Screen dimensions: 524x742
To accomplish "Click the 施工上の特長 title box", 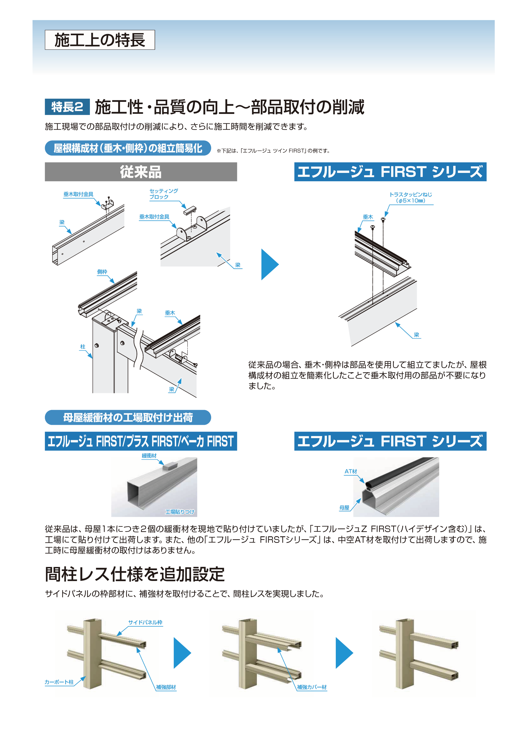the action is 100,40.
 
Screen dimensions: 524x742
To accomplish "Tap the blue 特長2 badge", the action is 67,107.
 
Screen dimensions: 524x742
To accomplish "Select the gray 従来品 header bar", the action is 141,172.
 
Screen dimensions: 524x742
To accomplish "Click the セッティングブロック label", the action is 163,194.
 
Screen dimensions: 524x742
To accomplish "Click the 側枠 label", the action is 102,272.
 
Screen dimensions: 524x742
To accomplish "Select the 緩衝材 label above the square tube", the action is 149,456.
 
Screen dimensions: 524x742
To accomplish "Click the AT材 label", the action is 351,471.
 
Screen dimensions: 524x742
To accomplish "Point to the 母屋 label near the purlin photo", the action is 344,508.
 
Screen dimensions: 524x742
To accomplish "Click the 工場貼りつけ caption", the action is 180,512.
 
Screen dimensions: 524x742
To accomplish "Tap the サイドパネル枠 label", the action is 145,622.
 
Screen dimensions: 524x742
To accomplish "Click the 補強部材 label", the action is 166,687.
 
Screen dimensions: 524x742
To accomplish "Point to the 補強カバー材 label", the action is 312,687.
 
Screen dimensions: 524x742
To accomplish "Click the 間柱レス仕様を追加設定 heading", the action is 135,574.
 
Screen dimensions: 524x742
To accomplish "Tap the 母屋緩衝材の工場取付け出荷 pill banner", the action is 128,417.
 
